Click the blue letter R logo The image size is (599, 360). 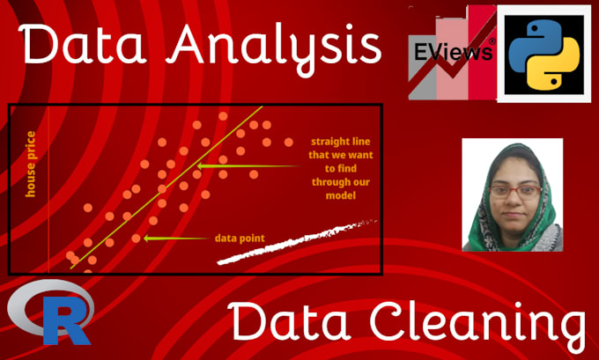[51, 316]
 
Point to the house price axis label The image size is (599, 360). [31, 163]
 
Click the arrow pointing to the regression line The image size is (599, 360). [247, 165]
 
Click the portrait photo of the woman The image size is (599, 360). [512, 195]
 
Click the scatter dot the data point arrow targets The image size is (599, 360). [136, 238]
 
